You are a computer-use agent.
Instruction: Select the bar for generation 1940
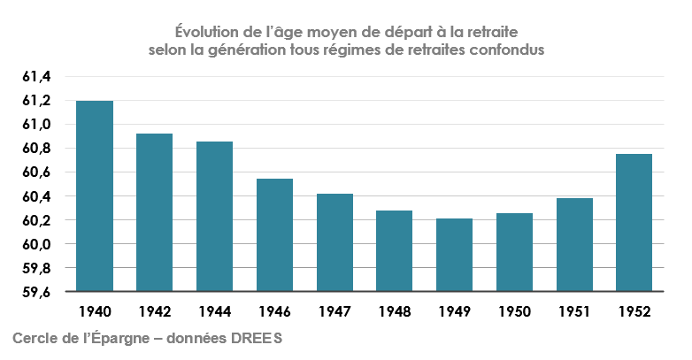coord(95,195)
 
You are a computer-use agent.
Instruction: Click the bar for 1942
coord(154,212)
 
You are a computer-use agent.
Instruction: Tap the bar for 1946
coord(274,234)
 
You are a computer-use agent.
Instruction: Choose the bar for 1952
coord(634,222)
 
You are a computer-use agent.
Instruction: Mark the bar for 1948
coord(394,251)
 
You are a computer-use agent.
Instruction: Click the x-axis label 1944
coord(214,312)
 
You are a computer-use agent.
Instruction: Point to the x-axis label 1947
coord(334,312)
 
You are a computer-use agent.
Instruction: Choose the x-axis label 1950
coord(514,312)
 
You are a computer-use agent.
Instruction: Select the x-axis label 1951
coord(574,312)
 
